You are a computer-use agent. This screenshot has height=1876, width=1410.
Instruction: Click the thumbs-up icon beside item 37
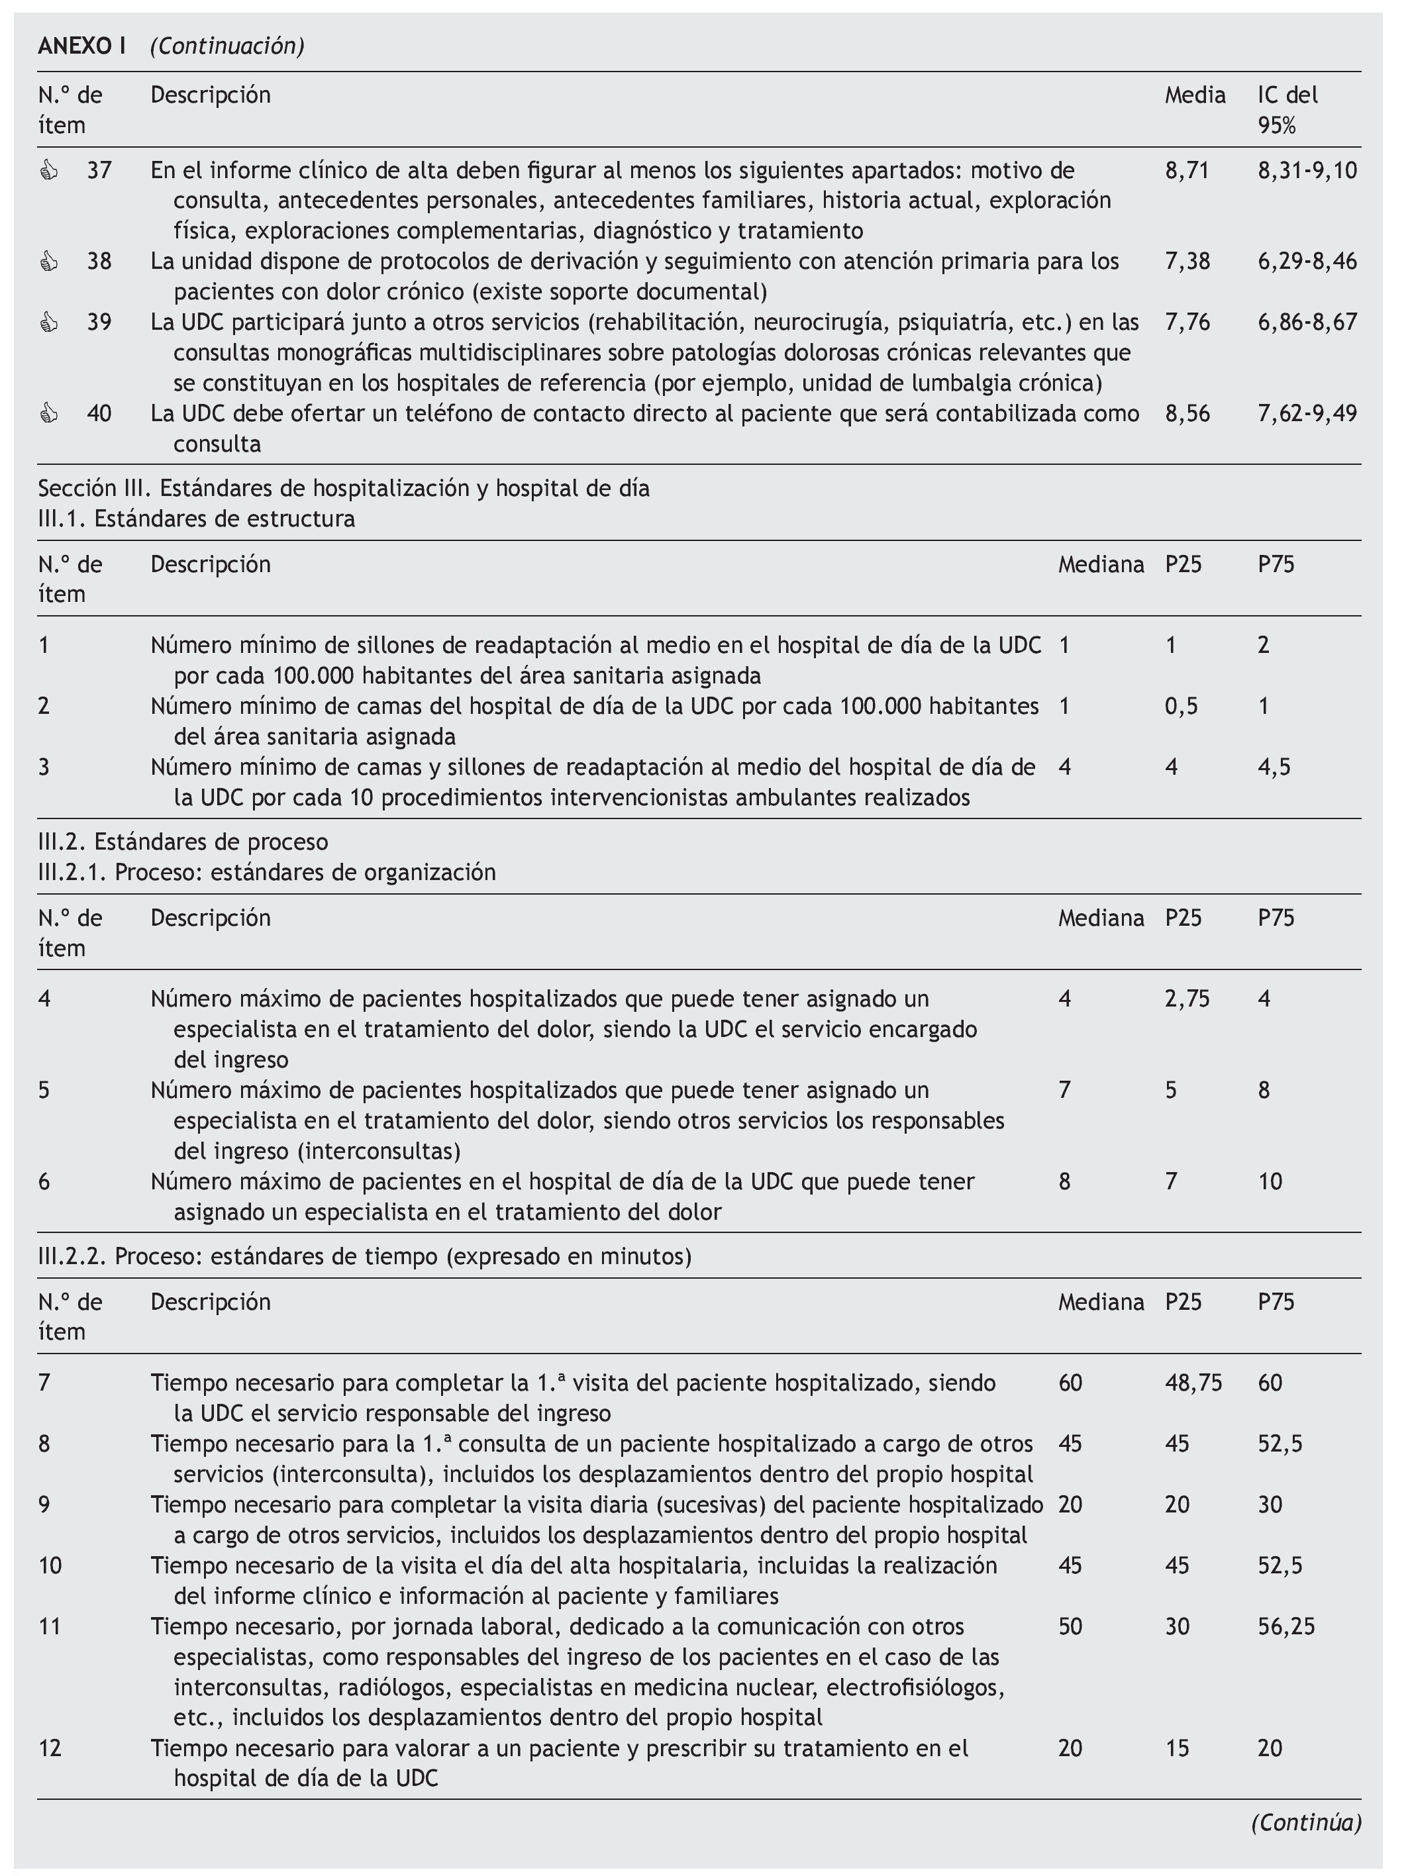[x=49, y=172]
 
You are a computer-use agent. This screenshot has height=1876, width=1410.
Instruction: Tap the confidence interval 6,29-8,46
[x=1307, y=261]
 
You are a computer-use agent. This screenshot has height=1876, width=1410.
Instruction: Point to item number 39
[x=99, y=322]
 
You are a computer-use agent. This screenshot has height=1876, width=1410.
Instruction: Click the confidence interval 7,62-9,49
[x=1307, y=414]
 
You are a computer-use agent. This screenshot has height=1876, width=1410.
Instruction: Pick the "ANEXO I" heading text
[x=81, y=46]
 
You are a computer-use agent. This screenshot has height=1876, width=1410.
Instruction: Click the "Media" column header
[x=1195, y=95]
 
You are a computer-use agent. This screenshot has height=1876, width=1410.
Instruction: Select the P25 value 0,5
[x=1181, y=707]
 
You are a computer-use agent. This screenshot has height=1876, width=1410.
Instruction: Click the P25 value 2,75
[x=1187, y=999]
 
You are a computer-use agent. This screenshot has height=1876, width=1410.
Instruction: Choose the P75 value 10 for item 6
[x=1270, y=1181]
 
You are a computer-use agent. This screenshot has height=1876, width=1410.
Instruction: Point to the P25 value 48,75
[x=1193, y=1383]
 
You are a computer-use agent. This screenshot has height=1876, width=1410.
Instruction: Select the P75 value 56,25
[x=1286, y=1626]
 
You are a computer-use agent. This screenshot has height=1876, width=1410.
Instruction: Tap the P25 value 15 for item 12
[x=1177, y=1748]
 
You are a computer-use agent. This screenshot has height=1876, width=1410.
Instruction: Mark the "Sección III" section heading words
[x=93, y=489]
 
